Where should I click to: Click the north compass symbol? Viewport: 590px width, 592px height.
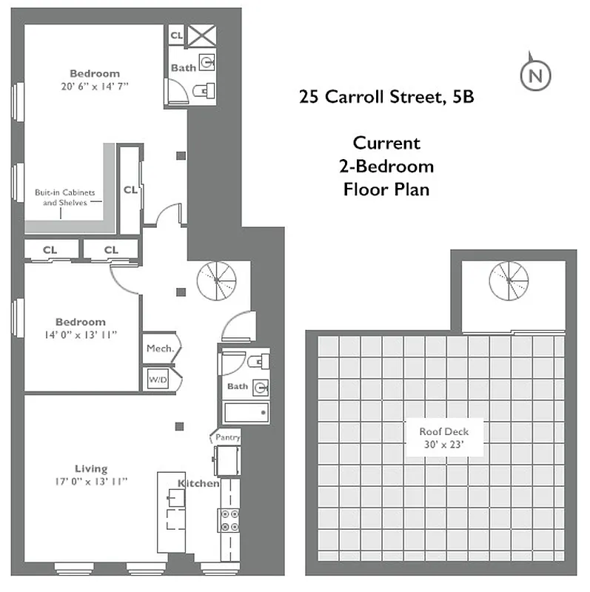[x=536, y=74]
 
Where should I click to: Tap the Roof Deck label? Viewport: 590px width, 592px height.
[x=443, y=431]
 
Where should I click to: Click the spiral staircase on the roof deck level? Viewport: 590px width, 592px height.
[x=509, y=282]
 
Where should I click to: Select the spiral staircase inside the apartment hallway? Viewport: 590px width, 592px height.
[x=216, y=281]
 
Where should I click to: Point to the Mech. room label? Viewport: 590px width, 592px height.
[x=159, y=348]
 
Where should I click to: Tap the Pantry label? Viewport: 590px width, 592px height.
[x=227, y=437]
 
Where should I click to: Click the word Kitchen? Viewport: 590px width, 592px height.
[x=198, y=484]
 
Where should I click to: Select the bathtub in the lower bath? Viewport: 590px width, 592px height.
[x=247, y=413]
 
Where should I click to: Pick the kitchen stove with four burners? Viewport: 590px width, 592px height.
[x=229, y=519]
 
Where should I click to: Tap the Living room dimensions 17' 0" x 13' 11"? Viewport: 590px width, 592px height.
[x=91, y=481]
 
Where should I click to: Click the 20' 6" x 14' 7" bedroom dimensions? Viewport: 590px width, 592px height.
[x=95, y=86]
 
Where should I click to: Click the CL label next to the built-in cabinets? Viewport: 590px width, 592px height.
[x=130, y=190]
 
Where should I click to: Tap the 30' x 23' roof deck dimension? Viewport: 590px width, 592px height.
[x=443, y=445]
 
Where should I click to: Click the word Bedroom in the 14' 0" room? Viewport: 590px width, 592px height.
[x=81, y=322]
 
